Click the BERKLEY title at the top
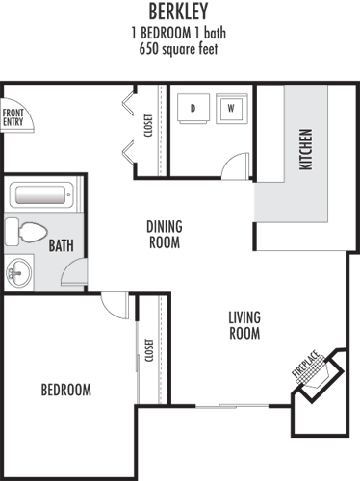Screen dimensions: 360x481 coord(178,12)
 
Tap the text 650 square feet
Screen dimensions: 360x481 coord(178,49)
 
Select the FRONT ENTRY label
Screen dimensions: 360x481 coord(13,117)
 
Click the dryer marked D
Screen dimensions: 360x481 coord(193,109)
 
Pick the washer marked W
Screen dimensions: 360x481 coord(232,109)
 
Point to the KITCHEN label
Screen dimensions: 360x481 coord(305,149)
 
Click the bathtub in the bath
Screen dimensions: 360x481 coord(41,195)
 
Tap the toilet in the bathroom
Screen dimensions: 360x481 coord(26,232)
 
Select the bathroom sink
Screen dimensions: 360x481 coord(19,273)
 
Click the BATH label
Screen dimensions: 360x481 coord(61,245)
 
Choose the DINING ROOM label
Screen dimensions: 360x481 coord(165,235)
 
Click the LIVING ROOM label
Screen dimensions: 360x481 coord(244,325)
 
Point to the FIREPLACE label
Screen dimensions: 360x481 coord(306,365)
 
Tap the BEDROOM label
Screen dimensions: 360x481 coord(66,390)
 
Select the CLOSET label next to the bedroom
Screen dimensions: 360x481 coord(149,350)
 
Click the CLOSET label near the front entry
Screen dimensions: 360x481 coord(148,126)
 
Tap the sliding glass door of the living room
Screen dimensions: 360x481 coord(232,406)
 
